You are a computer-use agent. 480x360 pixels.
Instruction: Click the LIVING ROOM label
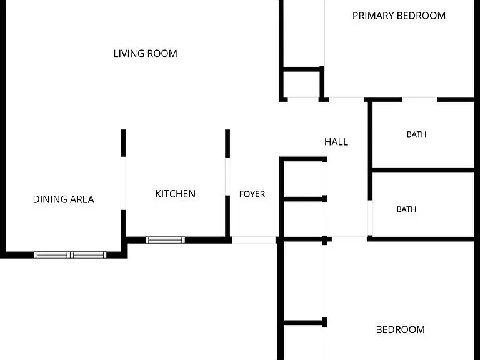click(x=145, y=54)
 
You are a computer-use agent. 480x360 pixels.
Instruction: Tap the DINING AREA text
click(x=63, y=199)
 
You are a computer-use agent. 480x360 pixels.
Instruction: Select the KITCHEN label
click(x=175, y=194)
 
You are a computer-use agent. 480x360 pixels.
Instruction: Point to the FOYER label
click(x=252, y=194)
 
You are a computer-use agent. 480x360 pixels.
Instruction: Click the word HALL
click(x=336, y=142)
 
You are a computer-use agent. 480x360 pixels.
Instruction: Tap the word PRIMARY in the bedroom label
click(x=372, y=16)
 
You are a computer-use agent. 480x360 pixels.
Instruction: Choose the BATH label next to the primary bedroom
click(x=417, y=134)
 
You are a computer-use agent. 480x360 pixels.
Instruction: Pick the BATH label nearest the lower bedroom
click(x=406, y=209)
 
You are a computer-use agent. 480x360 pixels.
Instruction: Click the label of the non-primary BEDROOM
click(x=401, y=330)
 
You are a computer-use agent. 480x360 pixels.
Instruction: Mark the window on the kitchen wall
click(x=165, y=240)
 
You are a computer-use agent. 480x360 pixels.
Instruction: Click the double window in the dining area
click(x=70, y=255)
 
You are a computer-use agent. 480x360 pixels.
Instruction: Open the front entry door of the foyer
click(x=254, y=240)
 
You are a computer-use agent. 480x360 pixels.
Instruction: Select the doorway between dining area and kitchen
click(x=123, y=183)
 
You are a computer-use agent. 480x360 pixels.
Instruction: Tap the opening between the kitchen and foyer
click(x=227, y=177)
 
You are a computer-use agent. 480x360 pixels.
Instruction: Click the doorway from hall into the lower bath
click(x=370, y=218)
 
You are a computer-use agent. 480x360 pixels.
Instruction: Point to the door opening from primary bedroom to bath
click(x=419, y=99)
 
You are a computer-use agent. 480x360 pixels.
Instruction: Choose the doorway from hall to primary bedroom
click(x=346, y=99)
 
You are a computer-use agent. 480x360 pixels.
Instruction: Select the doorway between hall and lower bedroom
click(x=349, y=239)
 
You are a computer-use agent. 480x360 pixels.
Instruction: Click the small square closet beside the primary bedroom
click(x=301, y=84)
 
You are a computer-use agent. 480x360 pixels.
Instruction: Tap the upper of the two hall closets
click(x=303, y=179)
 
